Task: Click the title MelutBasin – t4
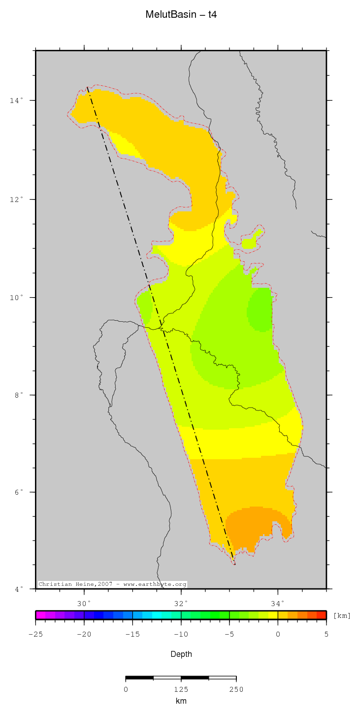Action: (181, 15)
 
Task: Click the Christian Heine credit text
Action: (112, 584)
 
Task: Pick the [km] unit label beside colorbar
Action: (342, 616)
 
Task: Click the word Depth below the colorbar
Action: (181, 654)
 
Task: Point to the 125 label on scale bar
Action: (181, 689)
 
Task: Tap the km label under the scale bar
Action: (181, 701)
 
